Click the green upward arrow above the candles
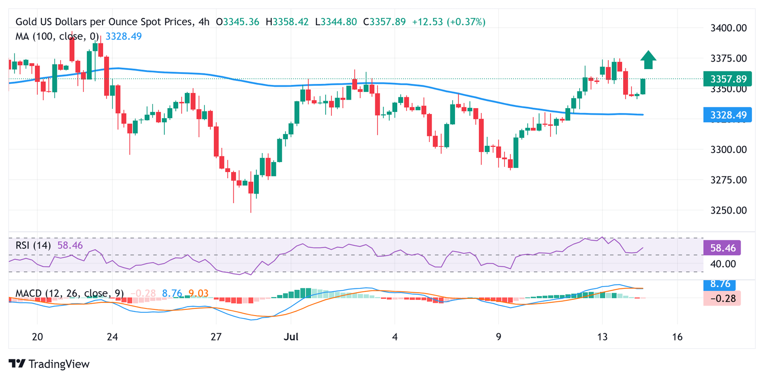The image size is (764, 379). (x=648, y=60)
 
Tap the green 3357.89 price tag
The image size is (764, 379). (x=727, y=79)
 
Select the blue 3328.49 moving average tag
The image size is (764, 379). (x=727, y=115)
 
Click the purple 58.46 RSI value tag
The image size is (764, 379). (x=722, y=248)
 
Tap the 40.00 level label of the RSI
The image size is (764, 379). (x=723, y=264)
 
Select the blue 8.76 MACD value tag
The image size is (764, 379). (x=720, y=284)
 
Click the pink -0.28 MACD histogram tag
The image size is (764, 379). (x=722, y=298)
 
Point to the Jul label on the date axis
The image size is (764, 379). (x=291, y=337)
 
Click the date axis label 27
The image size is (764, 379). (x=216, y=337)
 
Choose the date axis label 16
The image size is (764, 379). (x=677, y=337)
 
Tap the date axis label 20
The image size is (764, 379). (x=37, y=337)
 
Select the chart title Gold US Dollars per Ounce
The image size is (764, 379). (x=105, y=22)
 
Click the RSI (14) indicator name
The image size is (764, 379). (x=33, y=246)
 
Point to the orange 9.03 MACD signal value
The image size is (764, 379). (x=198, y=293)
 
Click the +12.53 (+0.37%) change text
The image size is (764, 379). (x=448, y=22)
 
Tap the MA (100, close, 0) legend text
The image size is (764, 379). (x=57, y=37)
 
